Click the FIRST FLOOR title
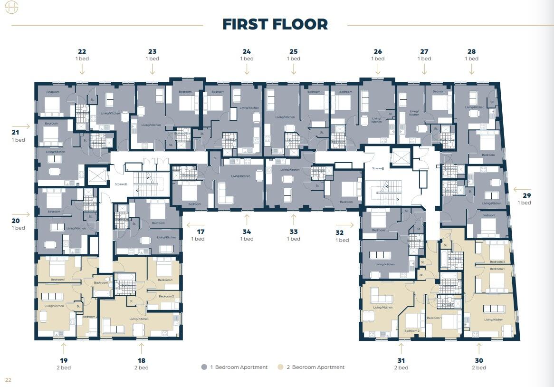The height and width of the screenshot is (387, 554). click(275, 24)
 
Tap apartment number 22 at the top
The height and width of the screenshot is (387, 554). click(82, 51)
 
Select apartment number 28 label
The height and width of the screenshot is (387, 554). click(471, 51)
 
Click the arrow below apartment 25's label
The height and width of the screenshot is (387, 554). click(294, 69)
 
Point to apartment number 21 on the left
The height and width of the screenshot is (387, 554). click(15, 133)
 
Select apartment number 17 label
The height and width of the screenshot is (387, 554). click(201, 232)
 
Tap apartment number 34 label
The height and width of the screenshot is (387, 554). click(247, 232)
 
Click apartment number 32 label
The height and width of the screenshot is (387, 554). click(339, 233)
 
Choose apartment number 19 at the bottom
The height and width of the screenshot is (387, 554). click(63, 360)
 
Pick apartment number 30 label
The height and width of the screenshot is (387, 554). click(478, 360)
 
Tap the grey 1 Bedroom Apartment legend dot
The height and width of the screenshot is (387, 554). click(204, 367)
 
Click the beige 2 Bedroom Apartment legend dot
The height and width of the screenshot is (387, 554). click(281, 367)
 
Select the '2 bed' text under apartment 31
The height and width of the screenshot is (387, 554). click(401, 368)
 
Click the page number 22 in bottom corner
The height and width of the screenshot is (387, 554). click(8, 379)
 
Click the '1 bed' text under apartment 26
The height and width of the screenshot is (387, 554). click(378, 58)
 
